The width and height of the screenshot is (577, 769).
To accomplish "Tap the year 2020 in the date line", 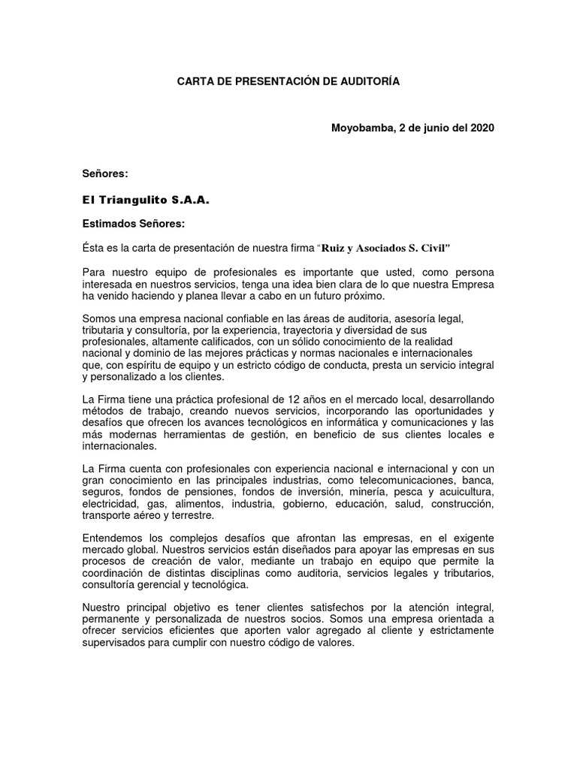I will click(x=482, y=128).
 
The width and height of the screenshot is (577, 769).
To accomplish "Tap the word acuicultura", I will click(x=461, y=492).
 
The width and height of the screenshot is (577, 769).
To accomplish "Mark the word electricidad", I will click(x=110, y=504).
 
